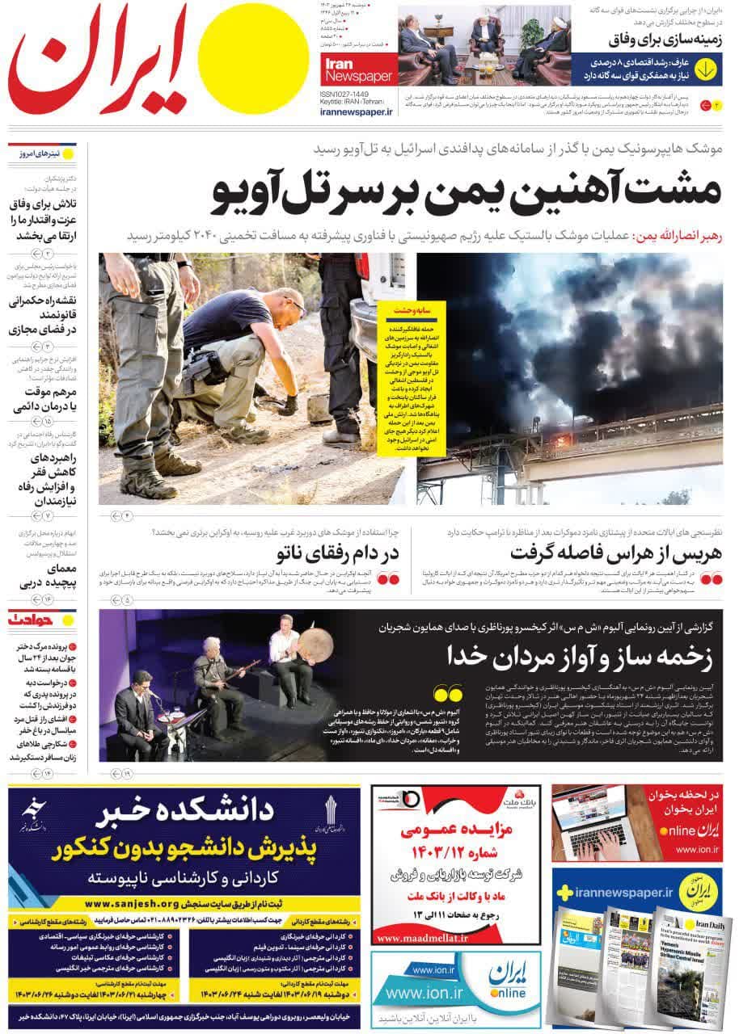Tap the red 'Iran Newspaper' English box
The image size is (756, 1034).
pos(359,70)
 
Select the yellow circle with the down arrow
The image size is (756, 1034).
pos(706,69)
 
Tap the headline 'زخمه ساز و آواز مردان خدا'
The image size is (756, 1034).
pos(579,657)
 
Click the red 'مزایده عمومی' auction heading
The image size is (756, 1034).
pos(457,830)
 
